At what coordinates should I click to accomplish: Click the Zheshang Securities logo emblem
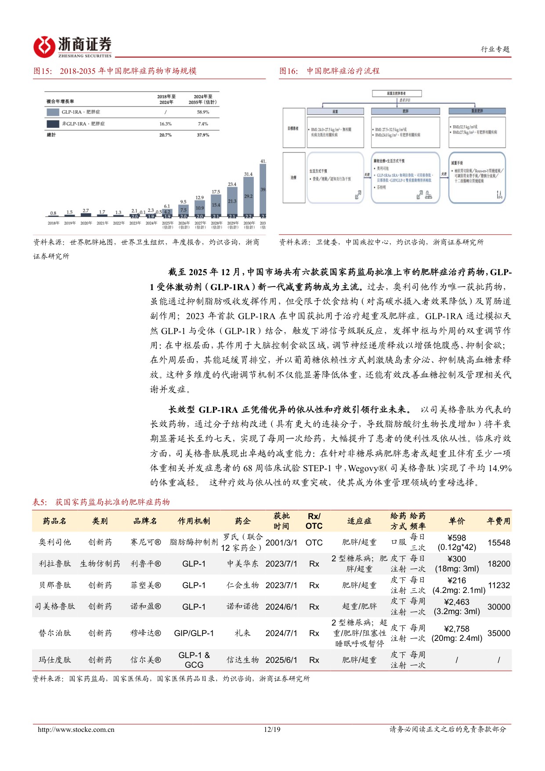(x=44, y=47)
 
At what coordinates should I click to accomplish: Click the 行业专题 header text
(x=495, y=49)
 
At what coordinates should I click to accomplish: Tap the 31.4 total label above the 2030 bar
(x=248, y=175)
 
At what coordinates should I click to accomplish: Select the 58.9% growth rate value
(x=203, y=112)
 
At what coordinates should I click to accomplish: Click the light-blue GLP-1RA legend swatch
(x=52, y=112)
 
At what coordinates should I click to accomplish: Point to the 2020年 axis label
(x=86, y=223)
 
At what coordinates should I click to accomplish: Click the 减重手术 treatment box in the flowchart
(x=477, y=178)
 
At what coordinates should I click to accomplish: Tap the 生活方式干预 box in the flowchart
(x=335, y=178)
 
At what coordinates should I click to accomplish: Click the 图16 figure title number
(x=288, y=71)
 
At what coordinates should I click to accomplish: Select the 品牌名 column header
(x=145, y=521)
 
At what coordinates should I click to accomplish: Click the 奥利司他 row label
(x=54, y=542)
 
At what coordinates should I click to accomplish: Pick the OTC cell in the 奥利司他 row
(x=314, y=543)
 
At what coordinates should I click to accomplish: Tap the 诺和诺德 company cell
(x=242, y=607)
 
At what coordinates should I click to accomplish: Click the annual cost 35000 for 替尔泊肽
(x=499, y=633)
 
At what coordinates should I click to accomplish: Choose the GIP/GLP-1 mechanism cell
(x=194, y=633)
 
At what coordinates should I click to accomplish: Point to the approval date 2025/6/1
(x=281, y=660)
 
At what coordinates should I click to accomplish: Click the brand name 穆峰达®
(x=145, y=633)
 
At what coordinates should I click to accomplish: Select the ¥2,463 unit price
(x=457, y=602)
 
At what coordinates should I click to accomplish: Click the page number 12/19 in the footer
(x=272, y=730)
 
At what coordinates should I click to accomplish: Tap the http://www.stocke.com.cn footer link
(x=76, y=730)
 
